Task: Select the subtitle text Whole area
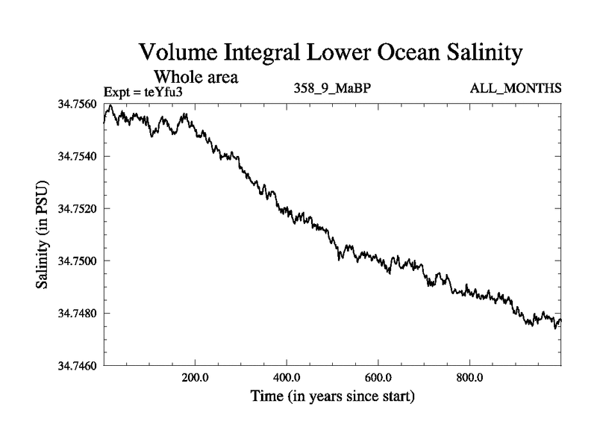pyautogui.click(x=196, y=76)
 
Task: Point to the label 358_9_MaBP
pyautogui.click(x=333, y=89)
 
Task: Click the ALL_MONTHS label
pyautogui.click(x=515, y=89)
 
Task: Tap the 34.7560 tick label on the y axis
pyautogui.click(x=78, y=104)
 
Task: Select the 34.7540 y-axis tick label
pyautogui.click(x=78, y=156)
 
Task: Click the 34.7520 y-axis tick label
pyautogui.click(x=78, y=208)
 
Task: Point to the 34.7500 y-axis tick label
pyautogui.click(x=78, y=261)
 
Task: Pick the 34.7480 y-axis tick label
pyautogui.click(x=78, y=313)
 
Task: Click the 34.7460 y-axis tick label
pyautogui.click(x=78, y=365)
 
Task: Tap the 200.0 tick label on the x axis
pyautogui.click(x=195, y=377)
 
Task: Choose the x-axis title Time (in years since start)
pyautogui.click(x=332, y=396)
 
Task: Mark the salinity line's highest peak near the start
pyautogui.click(x=110, y=106)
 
